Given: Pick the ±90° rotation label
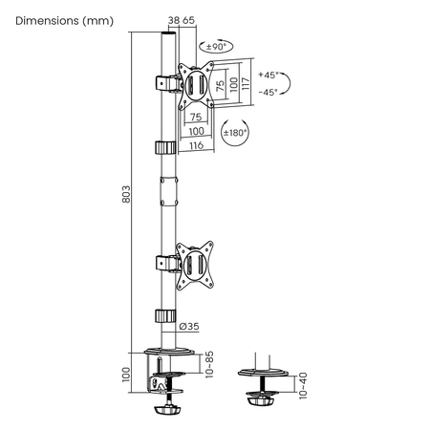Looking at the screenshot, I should (216, 46).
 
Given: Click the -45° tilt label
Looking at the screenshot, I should (269, 92).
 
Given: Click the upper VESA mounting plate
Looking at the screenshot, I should (197, 84).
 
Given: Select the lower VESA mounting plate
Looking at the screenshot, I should (197, 262).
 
